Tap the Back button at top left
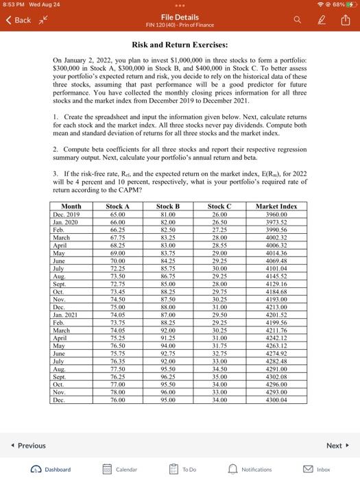19,20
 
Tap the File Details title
180,16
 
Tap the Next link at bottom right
337,445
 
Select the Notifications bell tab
250,470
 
